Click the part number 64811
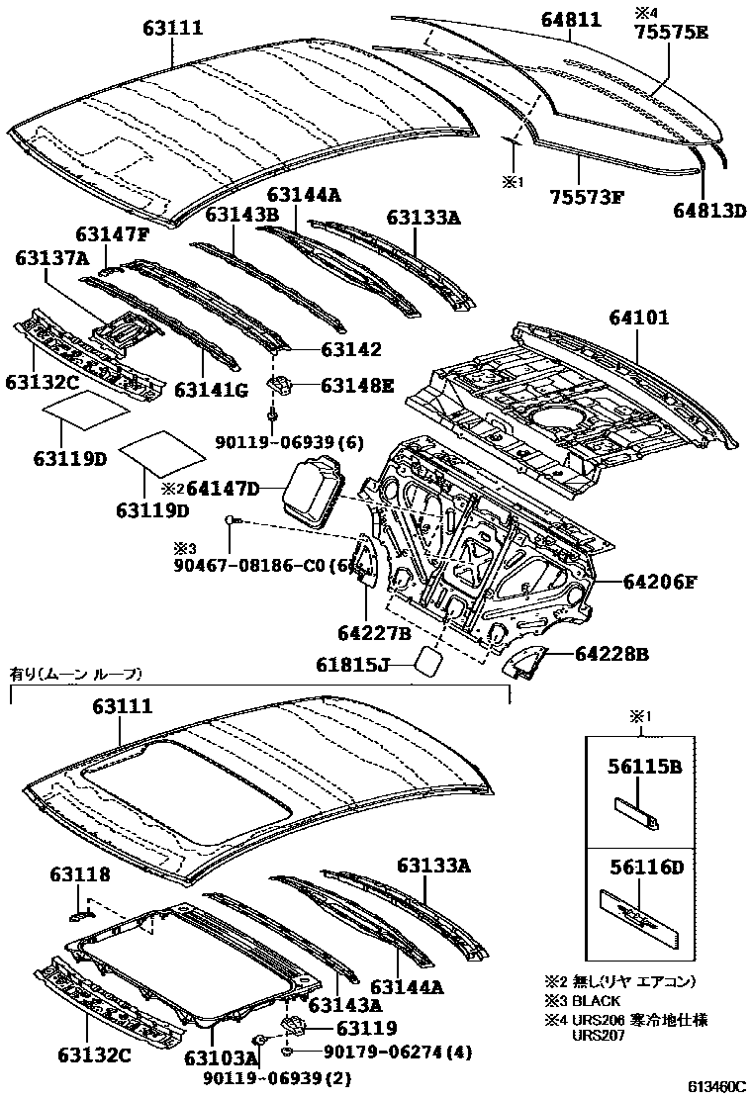pyautogui.click(x=572, y=19)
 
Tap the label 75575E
pyautogui.click(x=671, y=32)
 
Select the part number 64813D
pyautogui.click(x=709, y=209)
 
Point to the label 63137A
pyautogui.click(x=51, y=258)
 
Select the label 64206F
pyautogui.click(x=660, y=582)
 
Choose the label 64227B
pyautogui.click(x=373, y=631)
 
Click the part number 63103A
pyautogui.click(x=220, y=1057)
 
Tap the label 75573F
pyautogui.click(x=587, y=195)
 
